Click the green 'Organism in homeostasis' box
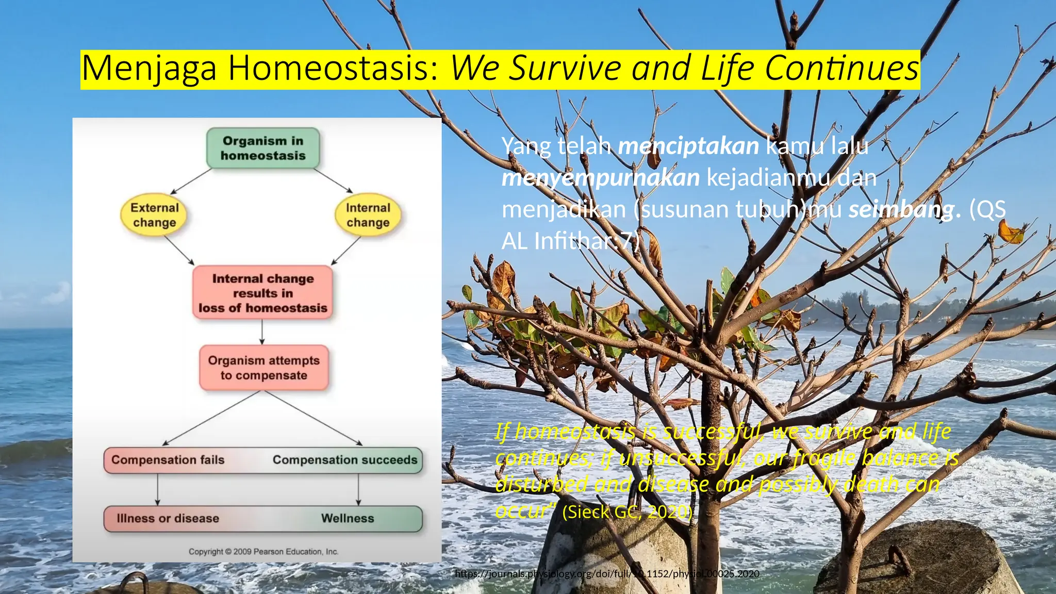[263, 148]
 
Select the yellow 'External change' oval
[154, 215]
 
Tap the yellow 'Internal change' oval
[368, 215]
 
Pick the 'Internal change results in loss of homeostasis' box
[263, 293]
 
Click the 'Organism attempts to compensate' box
[263, 368]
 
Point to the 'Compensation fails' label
[168, 460]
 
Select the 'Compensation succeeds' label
[345, 460]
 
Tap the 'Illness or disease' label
[168, 518]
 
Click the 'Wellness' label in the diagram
[348, 518]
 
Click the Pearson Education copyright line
[263, 551]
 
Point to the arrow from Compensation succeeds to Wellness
[358, 489]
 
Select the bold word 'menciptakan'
[688, 146]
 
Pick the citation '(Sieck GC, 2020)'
[627, 511]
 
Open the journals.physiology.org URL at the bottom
[607, 573]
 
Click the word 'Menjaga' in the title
[150, 69]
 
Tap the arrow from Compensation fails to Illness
[158, 489]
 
